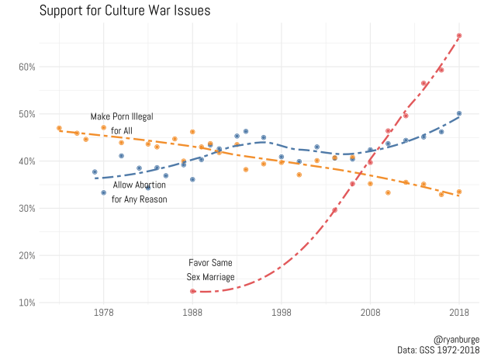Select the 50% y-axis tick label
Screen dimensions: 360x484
[28, 114]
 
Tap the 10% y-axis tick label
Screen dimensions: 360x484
[28, 302]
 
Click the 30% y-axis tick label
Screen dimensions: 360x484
[28, 208]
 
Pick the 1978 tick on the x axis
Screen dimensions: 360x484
[104, 311]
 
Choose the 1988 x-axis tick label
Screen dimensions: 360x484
[192, 311]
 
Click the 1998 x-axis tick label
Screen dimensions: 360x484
[282, 311]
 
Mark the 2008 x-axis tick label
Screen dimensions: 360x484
[370, 311]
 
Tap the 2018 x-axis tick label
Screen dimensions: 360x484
[459, 311]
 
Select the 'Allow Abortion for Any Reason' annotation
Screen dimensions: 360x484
[140, 192]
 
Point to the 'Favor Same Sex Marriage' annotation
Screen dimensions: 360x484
[210, 269]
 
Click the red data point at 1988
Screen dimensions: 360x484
[192, 291]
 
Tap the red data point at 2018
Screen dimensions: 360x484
[459, 36]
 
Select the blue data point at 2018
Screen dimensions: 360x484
[459, 113]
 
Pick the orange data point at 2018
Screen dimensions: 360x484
[459, 192]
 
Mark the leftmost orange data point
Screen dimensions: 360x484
[59, 128]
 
